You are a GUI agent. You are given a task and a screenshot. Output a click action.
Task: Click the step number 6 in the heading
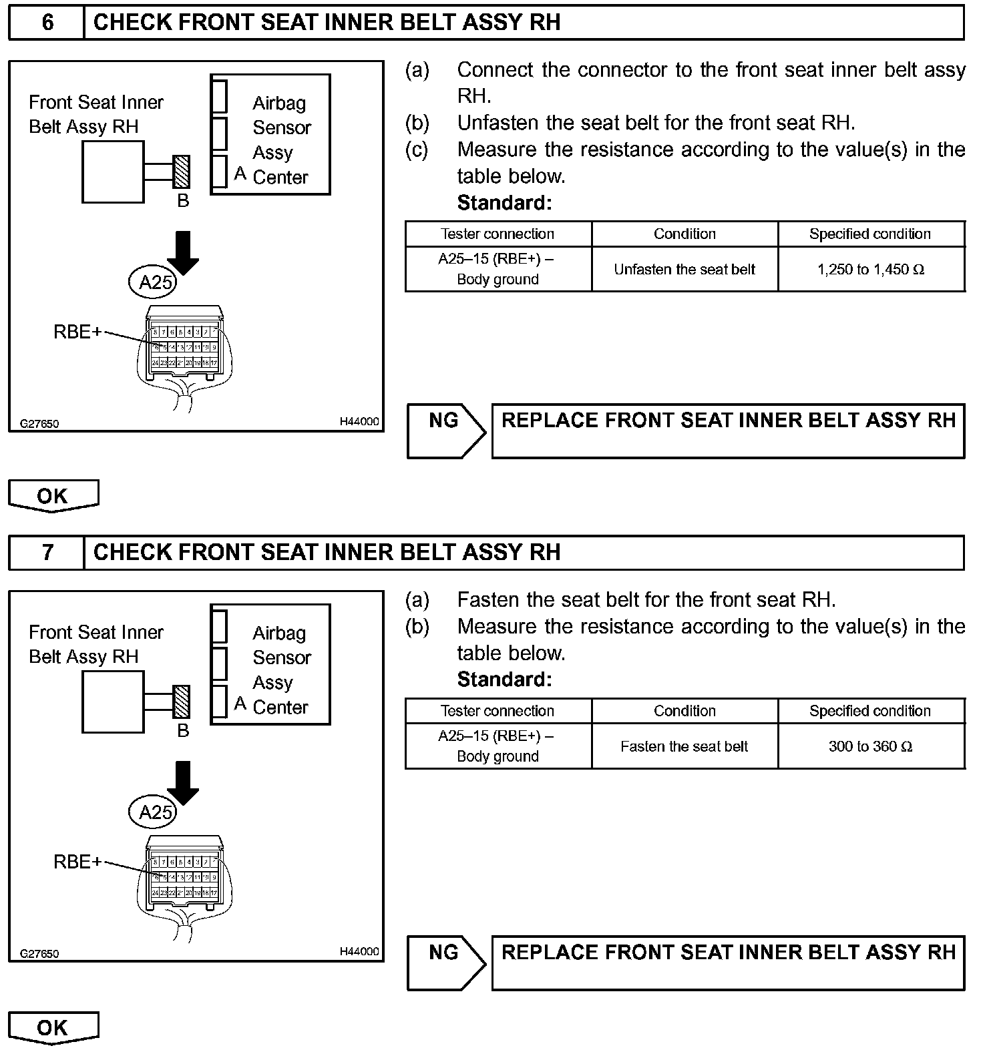click(x=47, y=23)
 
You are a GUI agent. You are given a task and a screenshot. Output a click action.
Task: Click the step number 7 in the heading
click(x=47, y=553)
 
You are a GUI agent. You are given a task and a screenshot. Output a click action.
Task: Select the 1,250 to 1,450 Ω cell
click(x=871, y=270)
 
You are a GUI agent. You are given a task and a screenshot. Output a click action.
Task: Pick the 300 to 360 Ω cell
click(x=871, y=746)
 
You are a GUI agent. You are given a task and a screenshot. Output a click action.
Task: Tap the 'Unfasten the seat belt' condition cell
click(x=684, y=270)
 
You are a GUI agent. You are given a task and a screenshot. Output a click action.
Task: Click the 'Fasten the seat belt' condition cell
click(x=684, y=746)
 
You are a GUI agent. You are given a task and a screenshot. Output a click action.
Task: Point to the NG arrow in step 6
click(x=445, y=431)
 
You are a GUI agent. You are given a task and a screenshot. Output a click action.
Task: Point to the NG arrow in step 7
click(x=445, y=962)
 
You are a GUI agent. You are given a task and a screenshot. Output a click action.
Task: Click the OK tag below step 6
click(x=53, y=496)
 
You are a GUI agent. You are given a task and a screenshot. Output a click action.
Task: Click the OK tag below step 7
click(x=53, y=1027)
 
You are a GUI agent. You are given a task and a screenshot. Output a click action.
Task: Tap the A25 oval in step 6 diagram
click(x=153, y=283)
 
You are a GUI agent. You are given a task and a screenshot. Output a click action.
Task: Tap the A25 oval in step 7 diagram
click(x=153, y=813)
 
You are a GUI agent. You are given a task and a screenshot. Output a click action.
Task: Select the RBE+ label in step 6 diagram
click(x=77, y=332)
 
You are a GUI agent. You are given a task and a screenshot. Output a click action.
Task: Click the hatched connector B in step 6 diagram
click(x=181, y=172)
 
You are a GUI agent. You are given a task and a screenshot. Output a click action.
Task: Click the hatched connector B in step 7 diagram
click(x=181, y=702)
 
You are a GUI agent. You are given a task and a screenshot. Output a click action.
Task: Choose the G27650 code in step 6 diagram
click(x=39, y=423)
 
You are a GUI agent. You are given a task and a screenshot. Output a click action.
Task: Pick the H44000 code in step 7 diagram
click(x=359, y=951)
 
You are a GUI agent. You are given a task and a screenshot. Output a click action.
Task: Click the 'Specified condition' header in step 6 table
click(x=870, y=234)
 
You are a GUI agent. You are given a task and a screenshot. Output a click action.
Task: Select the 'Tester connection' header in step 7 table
click(x=498, y=711)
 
